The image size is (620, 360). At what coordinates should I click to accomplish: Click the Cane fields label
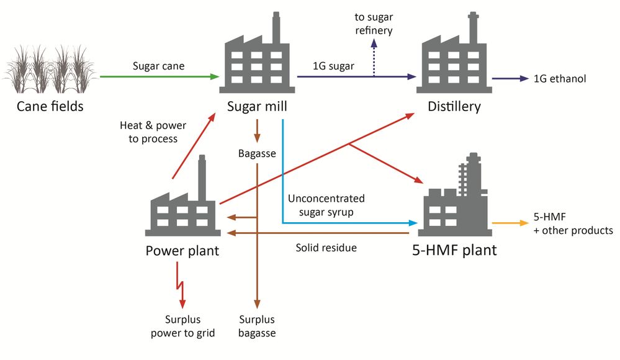(x=50, y=107)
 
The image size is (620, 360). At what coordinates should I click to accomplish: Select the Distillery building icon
(x=454, y=59)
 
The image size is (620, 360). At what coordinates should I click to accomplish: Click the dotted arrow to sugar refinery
(x=374, y=59)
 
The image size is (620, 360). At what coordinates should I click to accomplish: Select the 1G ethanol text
(x=560, y=79)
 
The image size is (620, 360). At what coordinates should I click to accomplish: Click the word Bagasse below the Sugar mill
(x=256, y=153)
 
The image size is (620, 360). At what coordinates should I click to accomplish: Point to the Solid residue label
(x=326, y=248)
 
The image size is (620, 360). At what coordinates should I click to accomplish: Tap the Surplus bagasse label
(x=257, y=326)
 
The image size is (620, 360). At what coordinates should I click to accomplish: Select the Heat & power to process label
(x=153, y=132)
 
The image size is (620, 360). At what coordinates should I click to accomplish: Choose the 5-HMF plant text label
(x=455, y=251)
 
